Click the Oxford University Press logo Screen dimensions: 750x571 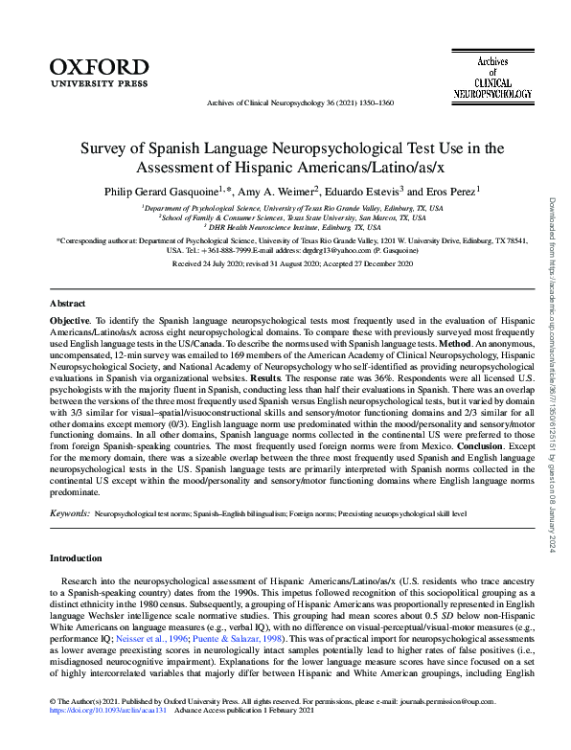coord(99,72)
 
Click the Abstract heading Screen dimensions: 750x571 coord(67,302)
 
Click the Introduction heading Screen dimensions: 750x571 coord(78,557)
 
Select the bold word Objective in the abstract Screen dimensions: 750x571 coord(72,316)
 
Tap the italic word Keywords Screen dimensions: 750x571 coord(70,514)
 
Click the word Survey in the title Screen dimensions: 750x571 coord(107,149)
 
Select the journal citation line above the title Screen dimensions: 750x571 coord(286,102)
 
